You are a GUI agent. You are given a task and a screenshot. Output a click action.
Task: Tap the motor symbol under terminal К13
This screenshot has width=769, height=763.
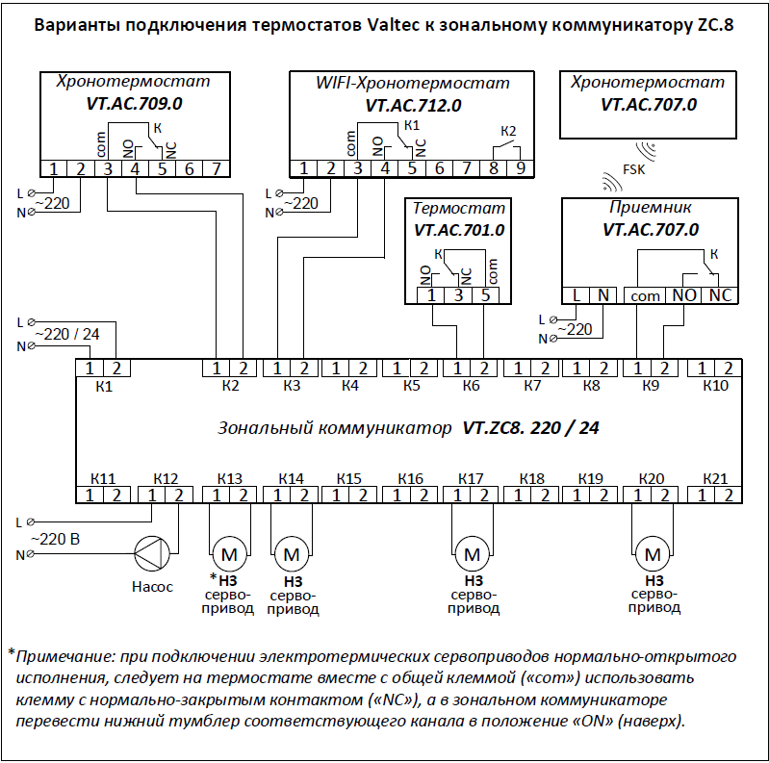[229, 554]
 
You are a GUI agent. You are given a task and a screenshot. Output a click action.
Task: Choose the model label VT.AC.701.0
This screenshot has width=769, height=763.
[459, 231]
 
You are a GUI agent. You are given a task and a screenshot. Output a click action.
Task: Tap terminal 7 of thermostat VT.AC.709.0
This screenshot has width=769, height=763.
[217, 169]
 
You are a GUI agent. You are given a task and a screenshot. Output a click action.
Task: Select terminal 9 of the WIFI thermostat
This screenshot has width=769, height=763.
[521, 169]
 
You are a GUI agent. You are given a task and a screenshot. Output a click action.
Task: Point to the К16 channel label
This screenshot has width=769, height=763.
[411, 478]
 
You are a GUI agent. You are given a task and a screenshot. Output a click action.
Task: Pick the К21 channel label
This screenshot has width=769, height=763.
[715, 478]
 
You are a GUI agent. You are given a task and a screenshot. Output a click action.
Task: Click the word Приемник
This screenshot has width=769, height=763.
[651, 208]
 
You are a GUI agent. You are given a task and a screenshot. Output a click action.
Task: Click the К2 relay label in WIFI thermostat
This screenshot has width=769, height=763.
[509, 131]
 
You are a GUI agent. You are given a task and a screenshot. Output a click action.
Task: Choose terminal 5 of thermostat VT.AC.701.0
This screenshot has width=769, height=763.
[486, 295]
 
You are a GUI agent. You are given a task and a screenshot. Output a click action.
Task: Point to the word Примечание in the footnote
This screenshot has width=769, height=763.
[64, 657]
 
